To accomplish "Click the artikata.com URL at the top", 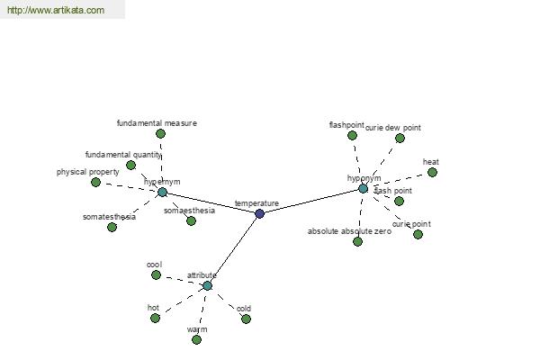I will click(55, 11).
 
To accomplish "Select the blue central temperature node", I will click(260, 213).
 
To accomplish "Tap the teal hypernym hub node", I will click(162, 192).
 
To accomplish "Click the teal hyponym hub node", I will click(363, 188).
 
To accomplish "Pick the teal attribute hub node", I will click(207, 285).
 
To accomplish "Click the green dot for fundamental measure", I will click(160, 133).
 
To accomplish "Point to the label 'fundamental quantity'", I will click(123, 154).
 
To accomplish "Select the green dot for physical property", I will click(95, 182).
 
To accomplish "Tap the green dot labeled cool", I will click(156, 274).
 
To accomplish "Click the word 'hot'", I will click(153, 307).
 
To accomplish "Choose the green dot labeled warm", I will click(196, 339).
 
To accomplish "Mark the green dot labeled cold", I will click(246, 319).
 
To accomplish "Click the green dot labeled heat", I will click(432, 172).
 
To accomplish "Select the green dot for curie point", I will click(418, 234).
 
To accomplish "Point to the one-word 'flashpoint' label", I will click(346, 124).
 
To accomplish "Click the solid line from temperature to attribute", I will click(234, 249).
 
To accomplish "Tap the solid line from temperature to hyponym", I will click(311, 201).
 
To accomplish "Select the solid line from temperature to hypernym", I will click(211, 202).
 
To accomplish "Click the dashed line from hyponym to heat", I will click(398, 180).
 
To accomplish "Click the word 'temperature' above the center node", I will click(256, 203).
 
